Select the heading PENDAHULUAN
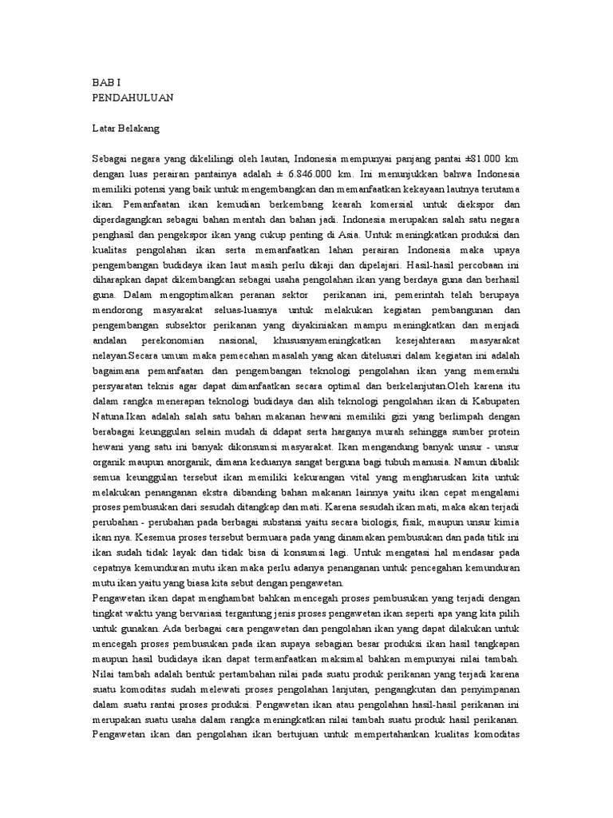click(x=132, y=97)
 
